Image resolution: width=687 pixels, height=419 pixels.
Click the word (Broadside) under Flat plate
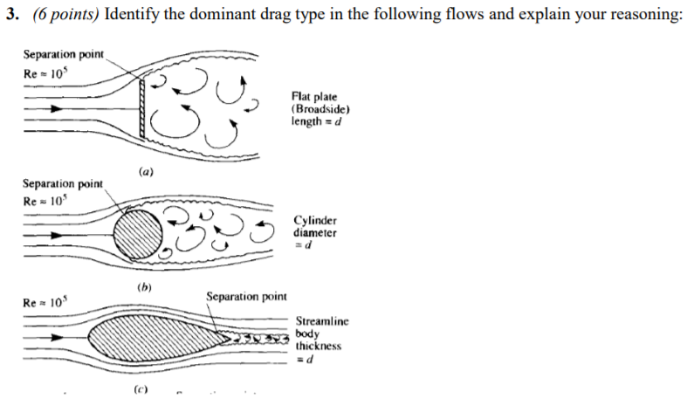point(321,109)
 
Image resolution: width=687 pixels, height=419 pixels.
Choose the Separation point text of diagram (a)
point(64,54)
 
